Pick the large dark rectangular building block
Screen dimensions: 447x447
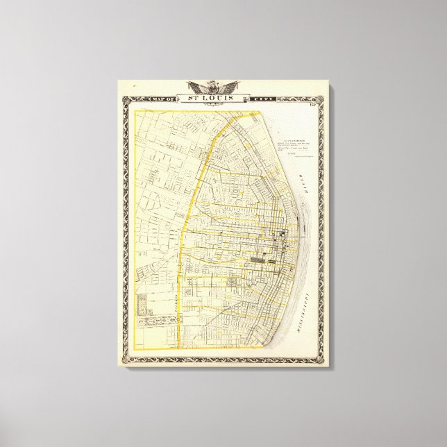coord(259,260)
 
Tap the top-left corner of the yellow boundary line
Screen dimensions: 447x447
coord(134,111)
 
